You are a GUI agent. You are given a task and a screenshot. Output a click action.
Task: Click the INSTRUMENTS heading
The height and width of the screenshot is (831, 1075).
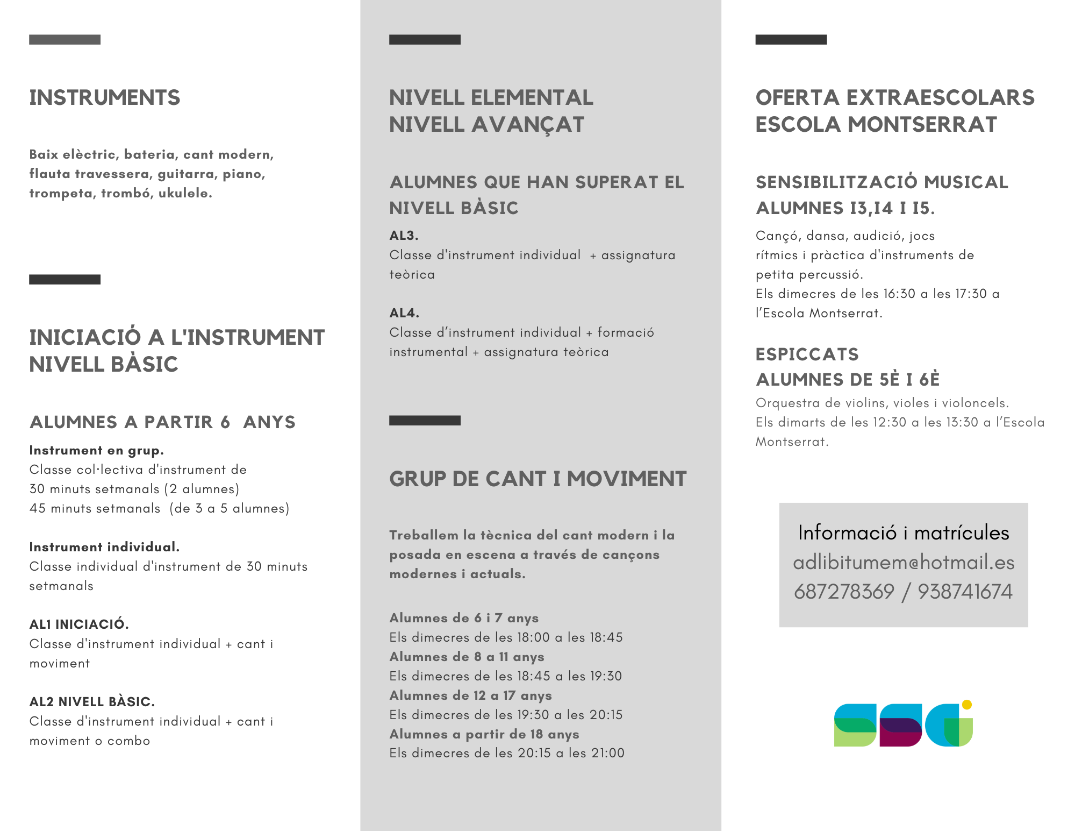click(x=105, y=98)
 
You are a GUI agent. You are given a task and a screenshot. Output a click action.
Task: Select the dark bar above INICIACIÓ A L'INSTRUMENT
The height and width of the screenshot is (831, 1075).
click(x=64, y=279)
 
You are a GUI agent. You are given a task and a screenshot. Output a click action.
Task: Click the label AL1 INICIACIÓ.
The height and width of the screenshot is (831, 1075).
click(x=79, y=624)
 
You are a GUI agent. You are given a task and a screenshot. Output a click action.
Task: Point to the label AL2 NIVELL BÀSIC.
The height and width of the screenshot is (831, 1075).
click(x=92, y=702)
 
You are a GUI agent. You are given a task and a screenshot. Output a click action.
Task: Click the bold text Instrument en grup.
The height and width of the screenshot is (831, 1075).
click(x=96, y=450)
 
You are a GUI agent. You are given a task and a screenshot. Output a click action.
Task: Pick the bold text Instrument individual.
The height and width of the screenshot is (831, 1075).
click(x=104, y=547)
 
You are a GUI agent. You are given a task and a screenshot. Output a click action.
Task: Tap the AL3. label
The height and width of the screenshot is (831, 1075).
click(x=404, y=236)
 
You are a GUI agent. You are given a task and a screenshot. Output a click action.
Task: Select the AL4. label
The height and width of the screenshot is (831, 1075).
click(x=404, y=313)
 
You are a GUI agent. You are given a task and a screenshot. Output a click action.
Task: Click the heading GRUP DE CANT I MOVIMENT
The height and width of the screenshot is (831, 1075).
click(x=538, y=479)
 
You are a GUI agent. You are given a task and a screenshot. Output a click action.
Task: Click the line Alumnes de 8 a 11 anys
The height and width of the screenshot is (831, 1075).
click(x=467, y=657)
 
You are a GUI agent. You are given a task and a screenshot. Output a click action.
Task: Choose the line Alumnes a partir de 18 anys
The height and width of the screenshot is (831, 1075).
click(x=484, y=734)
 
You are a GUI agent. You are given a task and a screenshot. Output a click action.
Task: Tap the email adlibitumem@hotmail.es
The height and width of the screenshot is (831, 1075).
click(x=904, y=563)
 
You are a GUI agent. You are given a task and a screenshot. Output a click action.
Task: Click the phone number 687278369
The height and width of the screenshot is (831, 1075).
click(x=844, y=592)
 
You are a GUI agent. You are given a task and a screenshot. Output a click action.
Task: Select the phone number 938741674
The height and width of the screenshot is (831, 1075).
click(x=965, y=592)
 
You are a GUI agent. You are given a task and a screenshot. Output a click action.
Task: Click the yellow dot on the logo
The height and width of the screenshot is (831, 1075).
click(x=966, y=705)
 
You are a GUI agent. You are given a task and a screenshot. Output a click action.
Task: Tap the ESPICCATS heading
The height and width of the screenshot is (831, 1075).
click(x=807, y=354)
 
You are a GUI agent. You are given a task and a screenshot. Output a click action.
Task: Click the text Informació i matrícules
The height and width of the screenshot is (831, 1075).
click(x=904, y=532)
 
